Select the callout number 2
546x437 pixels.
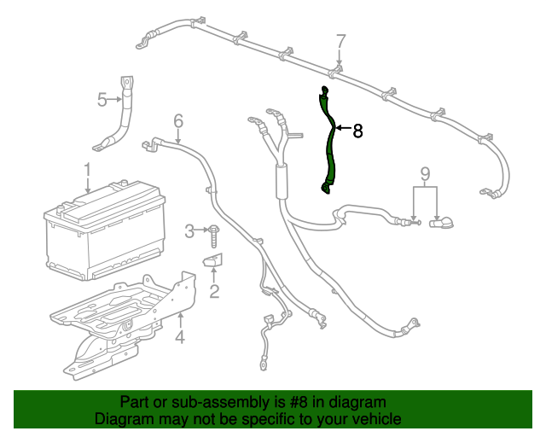tap(214, 293)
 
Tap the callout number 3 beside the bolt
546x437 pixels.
tap(190, 230)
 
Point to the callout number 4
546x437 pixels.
tap(180, 338)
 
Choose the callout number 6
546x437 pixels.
tap(178, 120)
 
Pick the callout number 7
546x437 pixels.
tap(340, 41)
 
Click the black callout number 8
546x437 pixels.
tap(357, 131)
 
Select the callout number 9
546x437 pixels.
tap(425, 176)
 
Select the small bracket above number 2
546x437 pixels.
tap(212, 259)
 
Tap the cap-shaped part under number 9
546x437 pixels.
tap(442, 224)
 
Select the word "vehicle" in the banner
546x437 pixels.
tap(375, 420)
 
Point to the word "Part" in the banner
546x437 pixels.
tap(136, 402)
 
